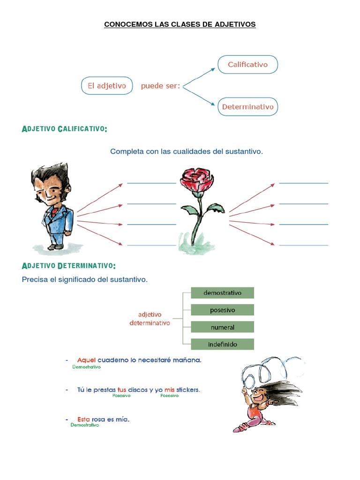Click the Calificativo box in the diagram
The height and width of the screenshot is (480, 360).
[247, 65]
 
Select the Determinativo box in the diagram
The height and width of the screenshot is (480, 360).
[247, 107]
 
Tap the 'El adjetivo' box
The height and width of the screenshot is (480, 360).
[107, 86]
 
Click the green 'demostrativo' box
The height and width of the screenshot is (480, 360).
[222, 293]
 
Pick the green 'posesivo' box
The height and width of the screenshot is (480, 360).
[222, 310]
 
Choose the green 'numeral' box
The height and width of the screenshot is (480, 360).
[222, 327]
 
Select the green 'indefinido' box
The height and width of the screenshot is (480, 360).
[222, 344]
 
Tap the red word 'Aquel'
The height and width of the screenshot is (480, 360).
[86, 360]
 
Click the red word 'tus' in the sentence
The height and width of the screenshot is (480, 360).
[122, 390]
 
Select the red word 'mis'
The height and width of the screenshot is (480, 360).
[169, 390]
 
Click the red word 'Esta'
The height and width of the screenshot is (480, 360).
[84, 419]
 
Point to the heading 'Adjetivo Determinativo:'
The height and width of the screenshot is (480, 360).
[68, 266]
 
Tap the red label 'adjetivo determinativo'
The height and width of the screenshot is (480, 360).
[150, 319]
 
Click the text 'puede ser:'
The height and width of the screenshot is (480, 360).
[160, 86]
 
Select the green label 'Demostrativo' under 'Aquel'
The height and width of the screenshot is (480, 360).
[86, 367]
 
